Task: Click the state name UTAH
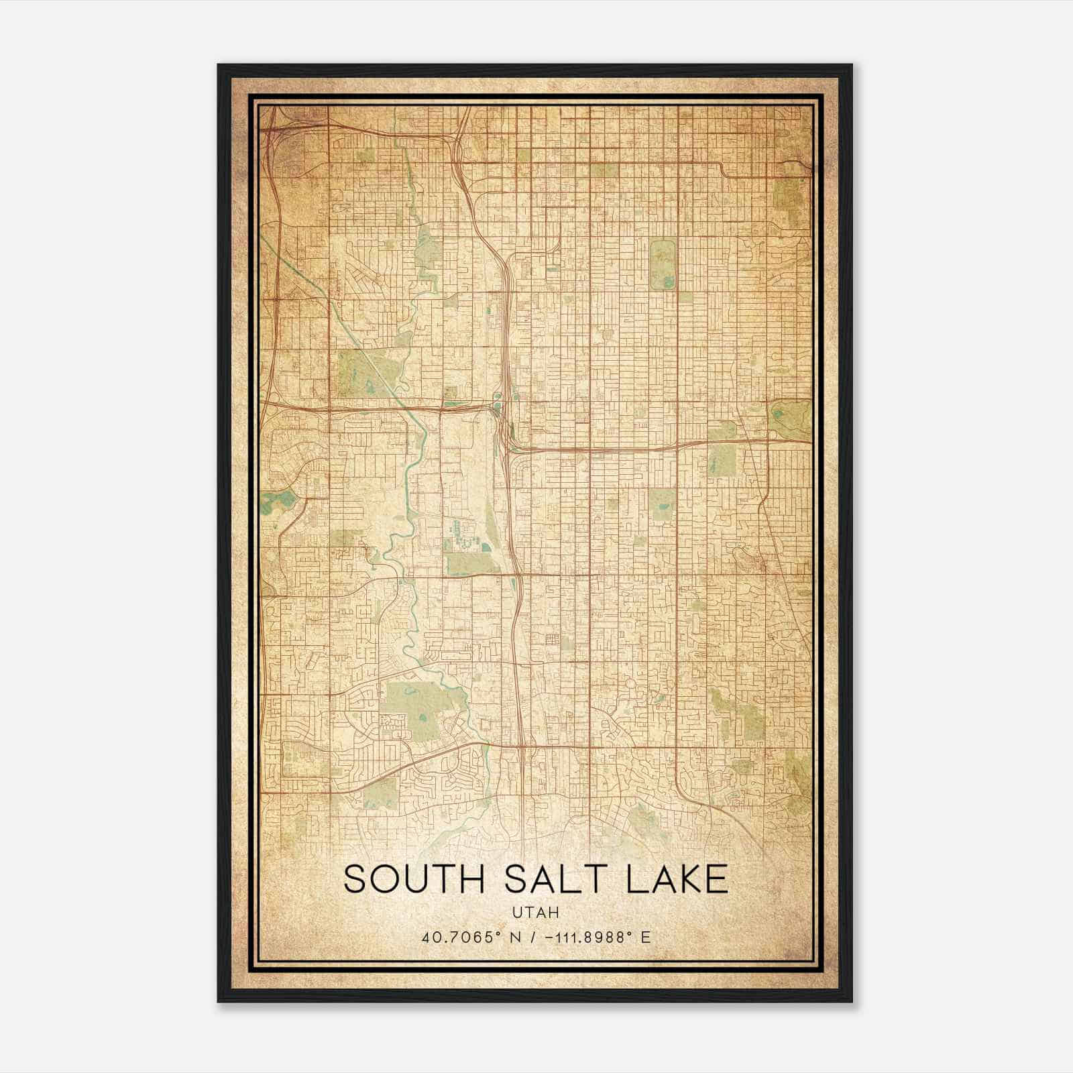[535, 913]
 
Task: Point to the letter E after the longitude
[645, 938]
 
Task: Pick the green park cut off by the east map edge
[791, 419]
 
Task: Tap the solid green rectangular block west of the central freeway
[463, 563]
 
